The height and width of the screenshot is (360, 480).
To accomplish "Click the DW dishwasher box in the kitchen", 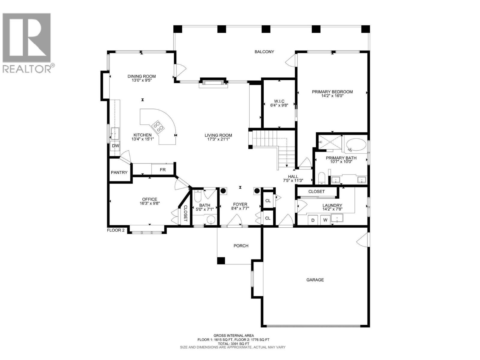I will coord(115,146).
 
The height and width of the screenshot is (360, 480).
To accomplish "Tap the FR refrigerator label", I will coord(163,170).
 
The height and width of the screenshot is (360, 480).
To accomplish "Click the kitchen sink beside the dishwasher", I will coord(115,133).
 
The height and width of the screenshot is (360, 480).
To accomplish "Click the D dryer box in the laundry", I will coord(313,220).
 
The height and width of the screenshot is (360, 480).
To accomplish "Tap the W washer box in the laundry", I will coord(325,220).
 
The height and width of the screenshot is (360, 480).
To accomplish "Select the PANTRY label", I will coord(119,172).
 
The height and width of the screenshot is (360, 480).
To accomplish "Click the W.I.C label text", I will coord(279,101).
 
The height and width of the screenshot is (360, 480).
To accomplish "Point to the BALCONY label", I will coord(264,52).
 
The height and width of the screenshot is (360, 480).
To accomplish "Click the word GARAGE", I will coord(315,280).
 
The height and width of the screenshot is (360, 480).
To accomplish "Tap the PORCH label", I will coord(241,246).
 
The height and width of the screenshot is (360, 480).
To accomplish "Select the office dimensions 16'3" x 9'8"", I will coord(149,203).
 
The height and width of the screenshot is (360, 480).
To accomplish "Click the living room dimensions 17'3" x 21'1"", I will coord(218,139).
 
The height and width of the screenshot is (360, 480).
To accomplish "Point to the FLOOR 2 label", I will coord(116,230).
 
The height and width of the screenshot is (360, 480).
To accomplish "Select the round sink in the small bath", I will coord(211,220).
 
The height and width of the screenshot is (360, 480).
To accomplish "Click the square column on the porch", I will coord(221,261).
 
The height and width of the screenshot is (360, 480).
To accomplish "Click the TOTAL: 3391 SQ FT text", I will coord(233,344).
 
